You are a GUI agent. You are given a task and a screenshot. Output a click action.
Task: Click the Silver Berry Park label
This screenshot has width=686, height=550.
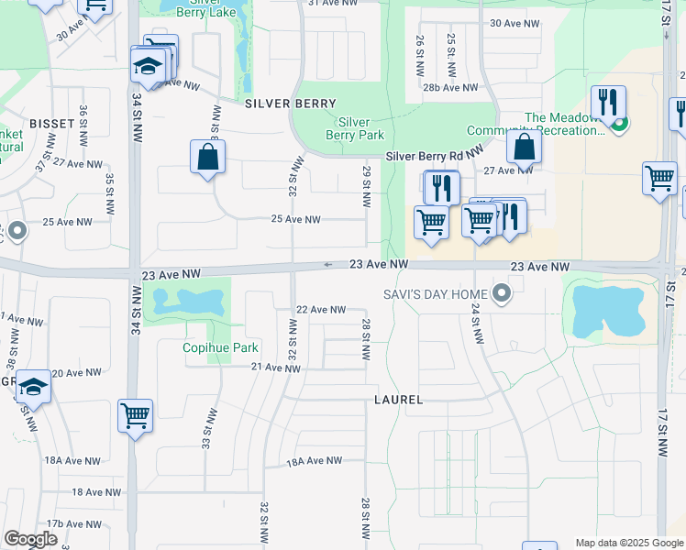[355, 128]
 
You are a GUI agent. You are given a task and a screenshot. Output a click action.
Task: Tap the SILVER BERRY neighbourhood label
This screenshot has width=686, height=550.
[291, 104]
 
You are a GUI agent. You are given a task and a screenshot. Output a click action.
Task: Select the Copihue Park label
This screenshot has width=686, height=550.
[220, 347]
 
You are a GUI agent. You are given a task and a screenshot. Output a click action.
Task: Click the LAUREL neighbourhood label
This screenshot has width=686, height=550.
[399, 401]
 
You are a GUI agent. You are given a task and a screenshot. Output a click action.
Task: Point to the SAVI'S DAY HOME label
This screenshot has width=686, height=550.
[436, 293]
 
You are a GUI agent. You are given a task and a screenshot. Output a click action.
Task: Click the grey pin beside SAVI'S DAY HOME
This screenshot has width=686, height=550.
[501, 293]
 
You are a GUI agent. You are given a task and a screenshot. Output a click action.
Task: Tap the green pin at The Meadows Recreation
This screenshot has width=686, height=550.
[620, 124]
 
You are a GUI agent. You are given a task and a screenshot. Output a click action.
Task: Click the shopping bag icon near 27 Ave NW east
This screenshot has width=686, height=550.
[523, 147]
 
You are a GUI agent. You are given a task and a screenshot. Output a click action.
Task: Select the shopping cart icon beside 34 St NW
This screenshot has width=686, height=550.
[136, 416]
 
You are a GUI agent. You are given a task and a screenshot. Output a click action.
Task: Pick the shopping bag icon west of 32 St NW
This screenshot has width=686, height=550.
[208, 156]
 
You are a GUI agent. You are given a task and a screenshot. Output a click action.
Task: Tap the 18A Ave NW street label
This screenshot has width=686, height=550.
[315, 461]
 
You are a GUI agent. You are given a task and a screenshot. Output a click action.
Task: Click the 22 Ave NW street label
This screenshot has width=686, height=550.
[320, 310]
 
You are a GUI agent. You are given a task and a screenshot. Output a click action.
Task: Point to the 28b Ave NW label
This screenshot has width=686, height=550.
[450, 88]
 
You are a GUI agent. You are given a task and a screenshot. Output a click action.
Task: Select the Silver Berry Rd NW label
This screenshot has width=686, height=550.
[434, 157]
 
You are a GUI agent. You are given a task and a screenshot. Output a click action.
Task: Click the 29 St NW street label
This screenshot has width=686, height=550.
[366, 179]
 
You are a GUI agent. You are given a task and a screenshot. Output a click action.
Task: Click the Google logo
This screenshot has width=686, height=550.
[30, 539]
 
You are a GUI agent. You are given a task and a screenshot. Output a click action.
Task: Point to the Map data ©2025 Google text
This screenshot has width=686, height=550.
[628, 543]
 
